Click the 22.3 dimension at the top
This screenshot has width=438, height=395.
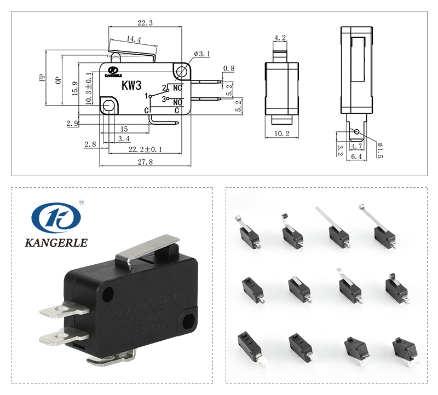145,23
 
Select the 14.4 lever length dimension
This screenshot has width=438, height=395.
134,39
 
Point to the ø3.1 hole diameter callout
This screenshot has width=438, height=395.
202,54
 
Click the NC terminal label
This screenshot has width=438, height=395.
177,88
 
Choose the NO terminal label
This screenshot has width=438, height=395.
177,102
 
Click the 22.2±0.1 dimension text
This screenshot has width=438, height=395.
145,149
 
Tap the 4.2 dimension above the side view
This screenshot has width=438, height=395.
280,38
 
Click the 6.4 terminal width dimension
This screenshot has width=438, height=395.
356,157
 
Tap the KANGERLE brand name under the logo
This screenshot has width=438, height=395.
56,242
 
